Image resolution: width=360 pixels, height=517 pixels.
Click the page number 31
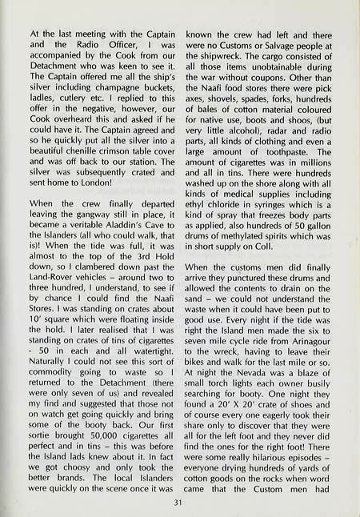[x=180, y=503]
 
